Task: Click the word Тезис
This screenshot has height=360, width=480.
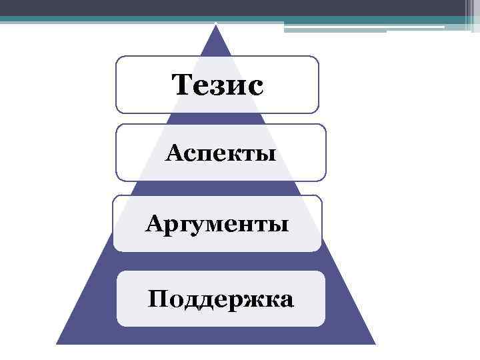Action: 217,85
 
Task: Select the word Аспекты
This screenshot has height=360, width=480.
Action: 221,154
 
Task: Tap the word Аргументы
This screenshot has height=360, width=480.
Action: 217,223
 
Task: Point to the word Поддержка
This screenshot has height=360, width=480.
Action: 220,299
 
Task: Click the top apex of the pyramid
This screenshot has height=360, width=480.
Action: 216,25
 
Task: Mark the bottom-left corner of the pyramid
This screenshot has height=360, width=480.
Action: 57,343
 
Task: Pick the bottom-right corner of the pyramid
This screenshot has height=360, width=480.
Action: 375,343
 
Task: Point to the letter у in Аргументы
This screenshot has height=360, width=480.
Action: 192,225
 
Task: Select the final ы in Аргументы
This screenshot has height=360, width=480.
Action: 279,225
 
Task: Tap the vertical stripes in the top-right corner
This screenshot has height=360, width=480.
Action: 469,15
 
